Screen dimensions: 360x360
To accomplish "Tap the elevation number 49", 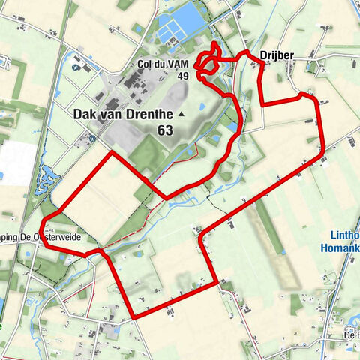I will (182, 75).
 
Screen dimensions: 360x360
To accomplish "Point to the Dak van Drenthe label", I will (123, 114).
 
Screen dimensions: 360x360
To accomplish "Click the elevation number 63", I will (165, 130).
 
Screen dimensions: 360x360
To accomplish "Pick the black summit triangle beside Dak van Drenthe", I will (181, 114).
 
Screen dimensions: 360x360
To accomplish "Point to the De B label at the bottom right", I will (349, 334).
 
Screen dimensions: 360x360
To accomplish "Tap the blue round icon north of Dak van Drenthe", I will (76, 67).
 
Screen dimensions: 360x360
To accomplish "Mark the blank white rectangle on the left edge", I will (15, 161).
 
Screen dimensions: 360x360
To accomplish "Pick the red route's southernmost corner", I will (133, 316).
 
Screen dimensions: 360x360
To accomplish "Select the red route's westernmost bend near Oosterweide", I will (43, 221).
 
